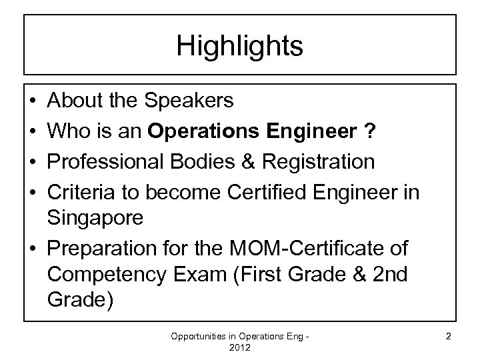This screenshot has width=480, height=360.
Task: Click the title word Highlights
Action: tap(240, 46)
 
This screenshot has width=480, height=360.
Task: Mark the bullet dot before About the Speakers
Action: tap(33, 101)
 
